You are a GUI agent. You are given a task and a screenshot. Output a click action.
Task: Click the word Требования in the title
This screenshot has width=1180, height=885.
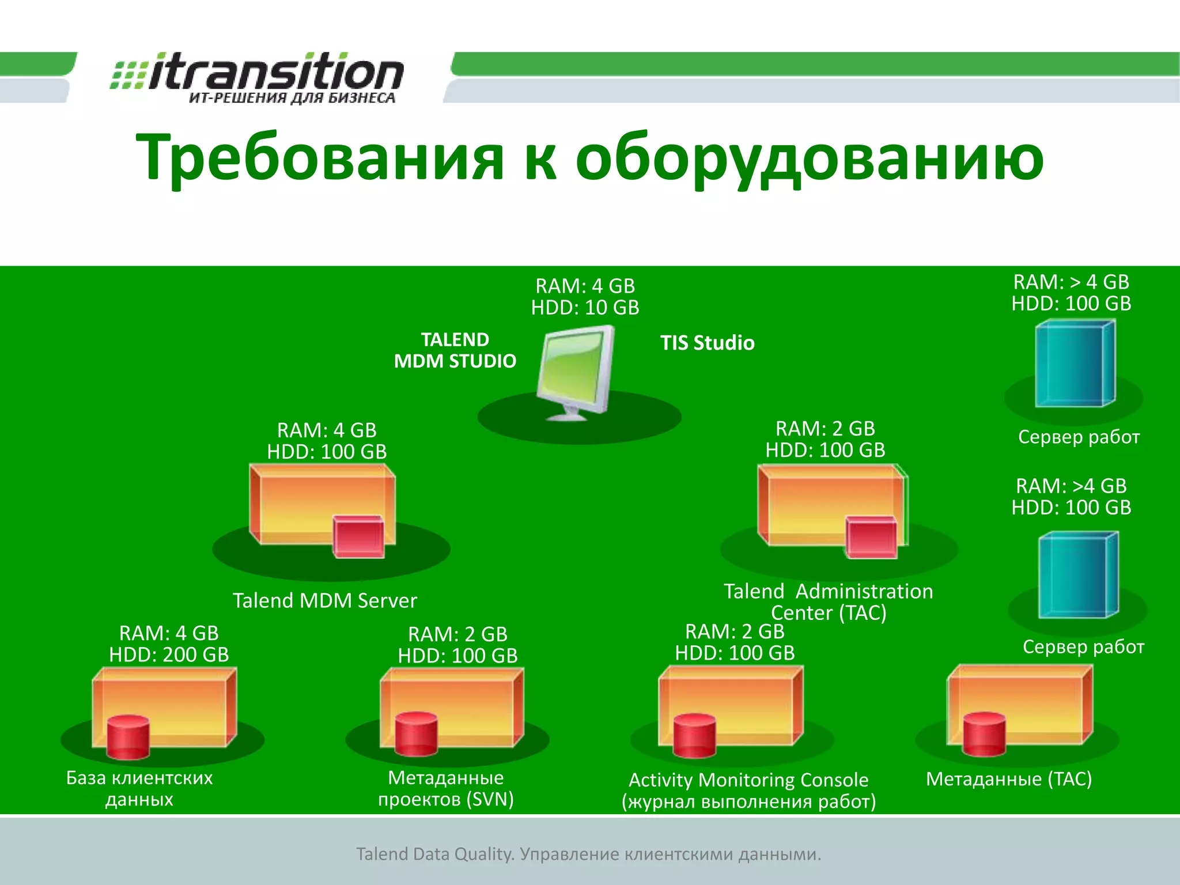tap(320, 157)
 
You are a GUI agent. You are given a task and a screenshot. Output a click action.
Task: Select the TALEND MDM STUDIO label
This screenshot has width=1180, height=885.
tap(455, 350)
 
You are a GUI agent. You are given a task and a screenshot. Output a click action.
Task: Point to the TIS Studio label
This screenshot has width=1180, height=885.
tap(707, 343)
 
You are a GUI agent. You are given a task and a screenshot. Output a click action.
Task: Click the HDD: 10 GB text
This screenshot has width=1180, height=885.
tap(585, 308)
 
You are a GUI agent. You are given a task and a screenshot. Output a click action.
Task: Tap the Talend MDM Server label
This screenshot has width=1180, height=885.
tap(324, 600)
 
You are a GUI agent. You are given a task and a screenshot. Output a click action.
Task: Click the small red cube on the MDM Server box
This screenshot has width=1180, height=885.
tap(359, 536)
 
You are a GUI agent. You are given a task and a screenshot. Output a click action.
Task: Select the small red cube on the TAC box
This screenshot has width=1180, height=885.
tap(871, 537)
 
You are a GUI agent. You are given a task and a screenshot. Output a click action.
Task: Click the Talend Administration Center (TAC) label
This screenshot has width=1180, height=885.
tap(828, 602)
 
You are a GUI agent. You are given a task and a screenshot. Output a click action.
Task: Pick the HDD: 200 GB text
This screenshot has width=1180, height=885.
tap(169, 655)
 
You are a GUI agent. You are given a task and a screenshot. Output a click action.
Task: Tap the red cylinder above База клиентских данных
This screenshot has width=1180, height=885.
tap(128, 737)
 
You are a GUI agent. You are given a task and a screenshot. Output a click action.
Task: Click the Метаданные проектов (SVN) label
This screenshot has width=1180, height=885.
tap(445, 788)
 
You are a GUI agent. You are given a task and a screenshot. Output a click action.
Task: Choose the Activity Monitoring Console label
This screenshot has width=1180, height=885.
tap(748, 780)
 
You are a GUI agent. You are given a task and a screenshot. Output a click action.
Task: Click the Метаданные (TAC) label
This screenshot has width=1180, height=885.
tap(1008, 779)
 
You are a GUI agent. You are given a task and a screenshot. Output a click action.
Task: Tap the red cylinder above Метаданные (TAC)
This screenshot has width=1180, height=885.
tap(984, 734)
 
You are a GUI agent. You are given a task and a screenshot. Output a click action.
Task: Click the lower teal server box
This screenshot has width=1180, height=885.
tap(1077, 575)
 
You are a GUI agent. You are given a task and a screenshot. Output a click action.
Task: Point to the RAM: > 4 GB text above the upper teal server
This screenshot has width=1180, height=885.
tap(1071, 282)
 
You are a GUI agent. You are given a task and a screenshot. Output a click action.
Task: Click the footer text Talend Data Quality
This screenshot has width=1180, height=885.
tap(434, 854)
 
